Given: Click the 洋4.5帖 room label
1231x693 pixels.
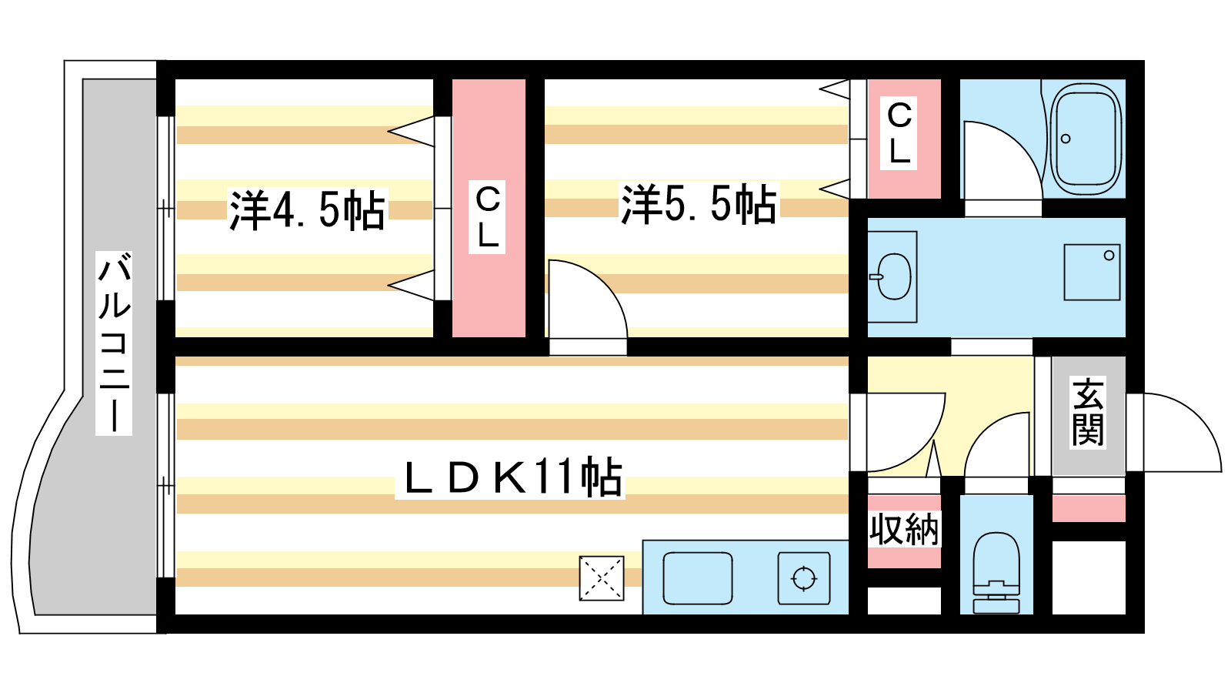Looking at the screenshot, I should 307,209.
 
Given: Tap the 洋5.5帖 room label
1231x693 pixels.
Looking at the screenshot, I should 699,204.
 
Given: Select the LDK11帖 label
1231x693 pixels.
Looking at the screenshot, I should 511,477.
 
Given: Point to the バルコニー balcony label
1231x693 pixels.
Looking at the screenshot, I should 114,343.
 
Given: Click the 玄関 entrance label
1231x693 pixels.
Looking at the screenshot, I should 1088,413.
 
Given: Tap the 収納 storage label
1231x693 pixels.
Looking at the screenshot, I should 904,530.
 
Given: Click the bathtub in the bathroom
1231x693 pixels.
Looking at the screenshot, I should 1086,139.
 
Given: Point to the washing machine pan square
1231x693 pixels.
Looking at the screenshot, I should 1092,272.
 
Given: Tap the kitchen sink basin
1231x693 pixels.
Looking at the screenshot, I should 697,577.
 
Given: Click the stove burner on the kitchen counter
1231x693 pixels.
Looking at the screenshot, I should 804,577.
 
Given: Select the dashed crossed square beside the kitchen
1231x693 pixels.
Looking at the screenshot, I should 601,577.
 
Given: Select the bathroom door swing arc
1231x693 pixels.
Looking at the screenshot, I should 1000,162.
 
